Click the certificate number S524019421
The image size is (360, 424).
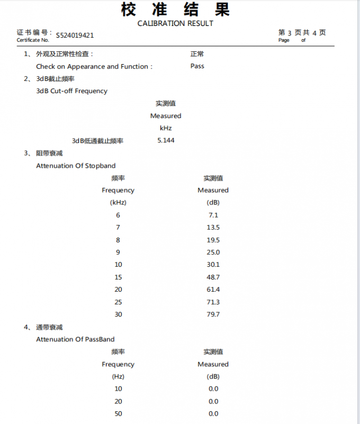coord(75,35)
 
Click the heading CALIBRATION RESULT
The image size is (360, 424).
coord(175,23)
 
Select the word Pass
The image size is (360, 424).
coord(197,66)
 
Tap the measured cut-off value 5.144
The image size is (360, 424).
coord(166,140)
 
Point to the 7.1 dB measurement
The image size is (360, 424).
coord(213,215)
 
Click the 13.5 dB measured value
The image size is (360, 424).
coord(213,227)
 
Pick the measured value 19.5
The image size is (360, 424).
coord(213,240)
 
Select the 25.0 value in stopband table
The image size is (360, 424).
coord(213,252)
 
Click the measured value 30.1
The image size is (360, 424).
coord(213,265)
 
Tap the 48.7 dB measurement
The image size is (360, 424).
coord(213,277)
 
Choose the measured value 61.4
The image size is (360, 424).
coord(213,290)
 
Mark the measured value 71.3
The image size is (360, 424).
coord(213,302)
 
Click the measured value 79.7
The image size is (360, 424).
coord(213,314)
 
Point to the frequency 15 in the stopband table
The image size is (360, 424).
coord(118,277)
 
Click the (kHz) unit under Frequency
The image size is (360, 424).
coord(118,202)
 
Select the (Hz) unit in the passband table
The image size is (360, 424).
coord(118,376)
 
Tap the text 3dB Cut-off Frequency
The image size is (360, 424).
coord(71,91)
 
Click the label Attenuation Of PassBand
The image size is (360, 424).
coord(75,339)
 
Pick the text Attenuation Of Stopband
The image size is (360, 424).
coord(76,166)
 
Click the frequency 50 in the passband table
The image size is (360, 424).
coord(118,414)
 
